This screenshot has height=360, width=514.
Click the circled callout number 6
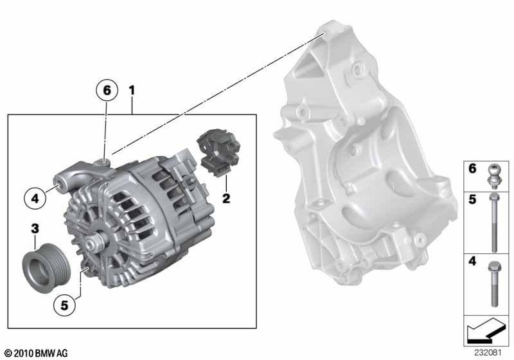[107, 89]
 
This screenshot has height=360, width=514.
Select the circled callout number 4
[35, 198]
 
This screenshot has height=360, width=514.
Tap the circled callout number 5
[64, 305]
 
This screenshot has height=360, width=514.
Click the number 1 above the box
[132, 90]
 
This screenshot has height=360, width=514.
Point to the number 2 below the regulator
[226, 198]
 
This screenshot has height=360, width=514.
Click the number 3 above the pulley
[35, 228]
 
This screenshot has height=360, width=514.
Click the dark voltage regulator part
[218, 152]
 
